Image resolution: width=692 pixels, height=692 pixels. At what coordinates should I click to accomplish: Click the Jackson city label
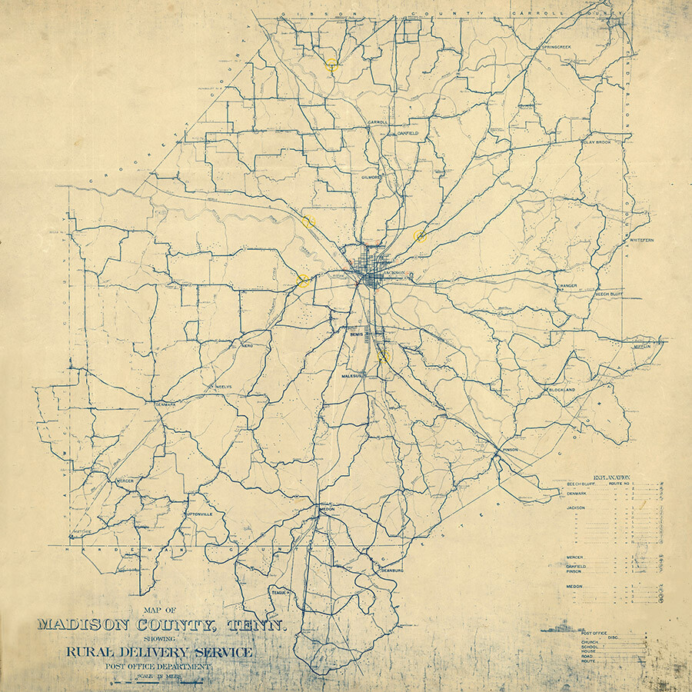point(394,273)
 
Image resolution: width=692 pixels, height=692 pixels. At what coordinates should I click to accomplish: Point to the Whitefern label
point(641,241)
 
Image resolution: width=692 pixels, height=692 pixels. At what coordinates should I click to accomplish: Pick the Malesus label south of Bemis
point(357,376)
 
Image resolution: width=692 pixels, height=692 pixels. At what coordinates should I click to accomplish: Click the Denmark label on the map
point(165,404)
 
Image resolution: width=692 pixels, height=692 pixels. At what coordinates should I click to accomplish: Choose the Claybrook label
point(596,142)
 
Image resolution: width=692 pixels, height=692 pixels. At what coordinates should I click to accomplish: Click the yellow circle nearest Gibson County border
point(331,65)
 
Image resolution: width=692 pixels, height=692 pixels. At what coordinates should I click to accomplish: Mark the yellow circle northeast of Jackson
point(420,236)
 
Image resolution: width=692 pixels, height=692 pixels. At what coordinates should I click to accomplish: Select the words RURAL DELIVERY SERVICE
point(159,653)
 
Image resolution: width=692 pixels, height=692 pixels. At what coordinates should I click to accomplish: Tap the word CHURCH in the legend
point(591,641)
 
